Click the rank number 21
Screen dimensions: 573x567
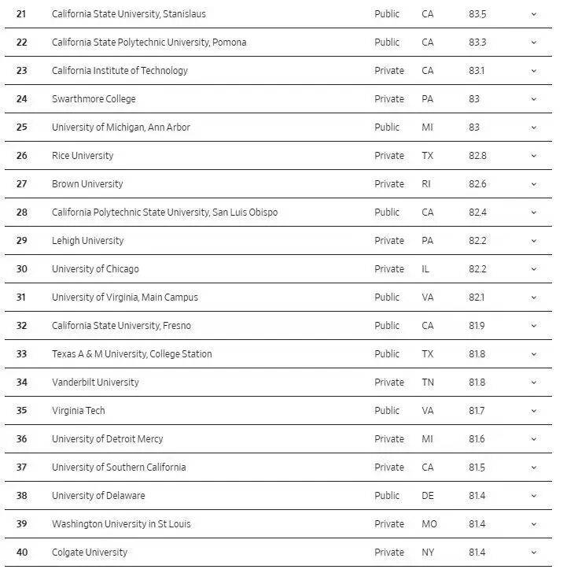coord(21,14)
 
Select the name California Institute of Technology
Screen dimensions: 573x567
coord(120,71)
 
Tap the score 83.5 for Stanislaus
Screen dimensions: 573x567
coord(477,14)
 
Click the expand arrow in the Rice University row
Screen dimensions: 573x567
coord(534,156)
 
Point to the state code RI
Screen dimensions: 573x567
coord(427,184)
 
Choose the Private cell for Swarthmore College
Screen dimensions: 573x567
coord(389,99)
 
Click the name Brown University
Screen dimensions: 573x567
coord(87,184)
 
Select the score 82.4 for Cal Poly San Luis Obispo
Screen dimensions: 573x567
coord(477,213)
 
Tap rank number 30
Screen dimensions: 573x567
coord(21,269)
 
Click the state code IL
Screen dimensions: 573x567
coord(425,269)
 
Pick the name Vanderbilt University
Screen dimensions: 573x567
coord(95,383)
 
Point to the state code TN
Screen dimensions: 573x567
coord(428,383)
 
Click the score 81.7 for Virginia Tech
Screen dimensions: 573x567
coord(477,411)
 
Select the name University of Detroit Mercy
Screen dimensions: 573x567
coord(108,439)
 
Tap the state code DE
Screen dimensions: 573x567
coord(428,496)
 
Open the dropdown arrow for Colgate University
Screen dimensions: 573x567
coord(534,553)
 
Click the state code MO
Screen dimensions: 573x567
coord(429,524)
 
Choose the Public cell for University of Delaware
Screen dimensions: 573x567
coord(387,496)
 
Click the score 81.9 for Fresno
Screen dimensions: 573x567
coord(477,326)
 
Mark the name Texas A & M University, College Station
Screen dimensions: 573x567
coord(132,354)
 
